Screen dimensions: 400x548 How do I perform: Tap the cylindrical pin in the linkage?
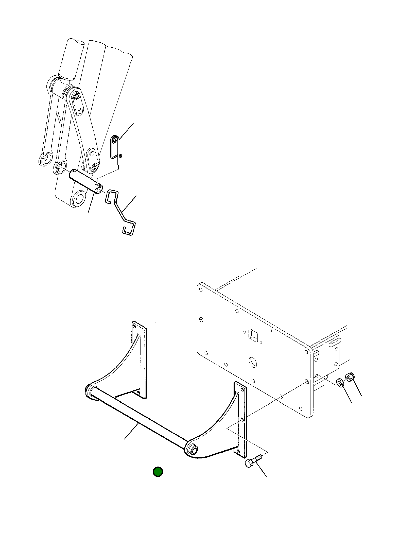[85, 181]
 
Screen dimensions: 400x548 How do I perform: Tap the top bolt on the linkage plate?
[76, 96]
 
